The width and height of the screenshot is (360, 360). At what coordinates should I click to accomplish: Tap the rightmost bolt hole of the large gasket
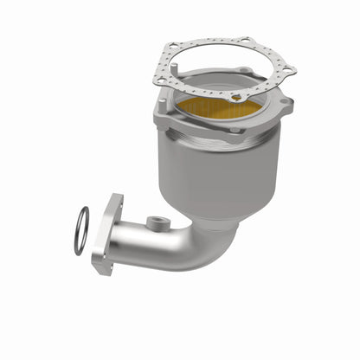(x=288, y=70)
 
